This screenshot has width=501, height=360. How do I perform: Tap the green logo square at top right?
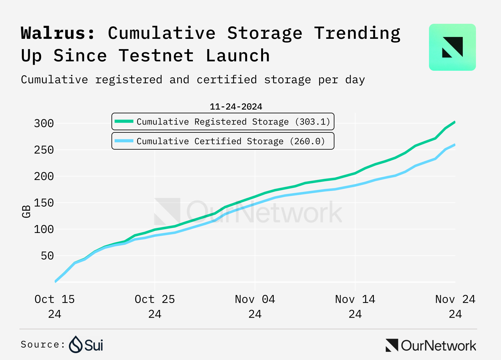click(x=452, y=47)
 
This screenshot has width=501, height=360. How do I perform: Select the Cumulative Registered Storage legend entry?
click(x=223, y=121)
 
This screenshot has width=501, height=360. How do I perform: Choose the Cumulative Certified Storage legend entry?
click(x=223, y=141)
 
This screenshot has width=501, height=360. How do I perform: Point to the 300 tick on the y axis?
click(x=44, y=123)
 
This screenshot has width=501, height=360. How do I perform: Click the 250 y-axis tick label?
click(x=44, y=150)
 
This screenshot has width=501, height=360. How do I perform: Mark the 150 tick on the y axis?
click(x=44, y=203)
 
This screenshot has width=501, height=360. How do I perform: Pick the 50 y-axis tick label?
click(x=47, y=256)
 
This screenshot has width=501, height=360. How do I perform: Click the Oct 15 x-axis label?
click(x=54, y=306)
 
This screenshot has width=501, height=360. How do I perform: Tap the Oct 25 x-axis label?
click(x=155, y=306)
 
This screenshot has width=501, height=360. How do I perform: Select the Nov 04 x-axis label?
click(x=255, y=306)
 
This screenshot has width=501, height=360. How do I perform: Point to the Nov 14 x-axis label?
click(x=355, y=306)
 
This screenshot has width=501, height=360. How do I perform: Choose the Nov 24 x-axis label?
click(x=455, y=306)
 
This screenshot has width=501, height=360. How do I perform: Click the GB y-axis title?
click(x=26, y=212)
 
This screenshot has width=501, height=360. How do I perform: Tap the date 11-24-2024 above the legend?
click(x=236, y=107)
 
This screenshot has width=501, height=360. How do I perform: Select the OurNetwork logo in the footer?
click(x=431, y=345)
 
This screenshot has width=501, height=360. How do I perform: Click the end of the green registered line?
click(x=454, y=122)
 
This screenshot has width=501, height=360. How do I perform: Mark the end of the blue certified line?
click(x=454, y=145)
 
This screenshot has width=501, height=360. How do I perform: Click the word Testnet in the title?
click(x=156, y=56)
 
